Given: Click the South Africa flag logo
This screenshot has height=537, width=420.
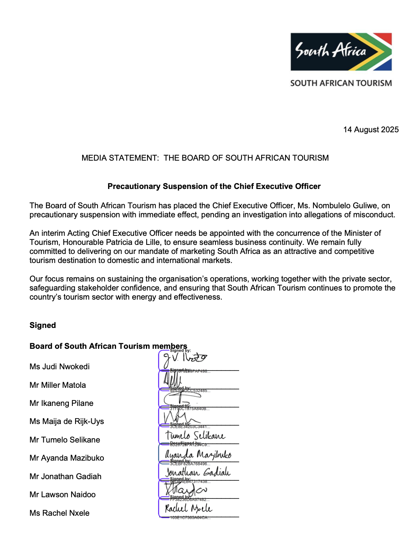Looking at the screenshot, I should point(341,52).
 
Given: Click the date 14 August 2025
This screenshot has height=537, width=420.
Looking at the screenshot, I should point(370,130).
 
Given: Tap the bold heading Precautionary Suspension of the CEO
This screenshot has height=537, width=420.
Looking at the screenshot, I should point(214,186).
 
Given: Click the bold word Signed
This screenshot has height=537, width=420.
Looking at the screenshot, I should point(42,325).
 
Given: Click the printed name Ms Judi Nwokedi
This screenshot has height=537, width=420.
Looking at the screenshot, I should point(59,367).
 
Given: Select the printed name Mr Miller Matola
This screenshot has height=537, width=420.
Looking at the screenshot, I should point(57,385).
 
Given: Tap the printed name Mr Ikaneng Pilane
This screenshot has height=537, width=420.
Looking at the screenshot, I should point(61,403).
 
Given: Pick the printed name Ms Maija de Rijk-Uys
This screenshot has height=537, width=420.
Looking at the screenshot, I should point(66,421).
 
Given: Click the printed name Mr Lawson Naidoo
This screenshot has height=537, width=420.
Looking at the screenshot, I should point(62,494).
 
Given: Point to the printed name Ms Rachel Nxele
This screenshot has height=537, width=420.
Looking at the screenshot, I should point(59,513).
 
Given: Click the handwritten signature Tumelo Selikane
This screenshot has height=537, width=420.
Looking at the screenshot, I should point(195,435).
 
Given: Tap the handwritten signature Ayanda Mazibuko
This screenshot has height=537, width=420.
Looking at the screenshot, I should point(198,454).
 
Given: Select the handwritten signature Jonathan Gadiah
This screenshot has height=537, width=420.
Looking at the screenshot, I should point(198,472).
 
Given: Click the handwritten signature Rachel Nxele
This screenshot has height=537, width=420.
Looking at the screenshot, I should point(188,508).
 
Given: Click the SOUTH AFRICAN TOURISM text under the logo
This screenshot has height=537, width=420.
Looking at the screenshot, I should point(341,83).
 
